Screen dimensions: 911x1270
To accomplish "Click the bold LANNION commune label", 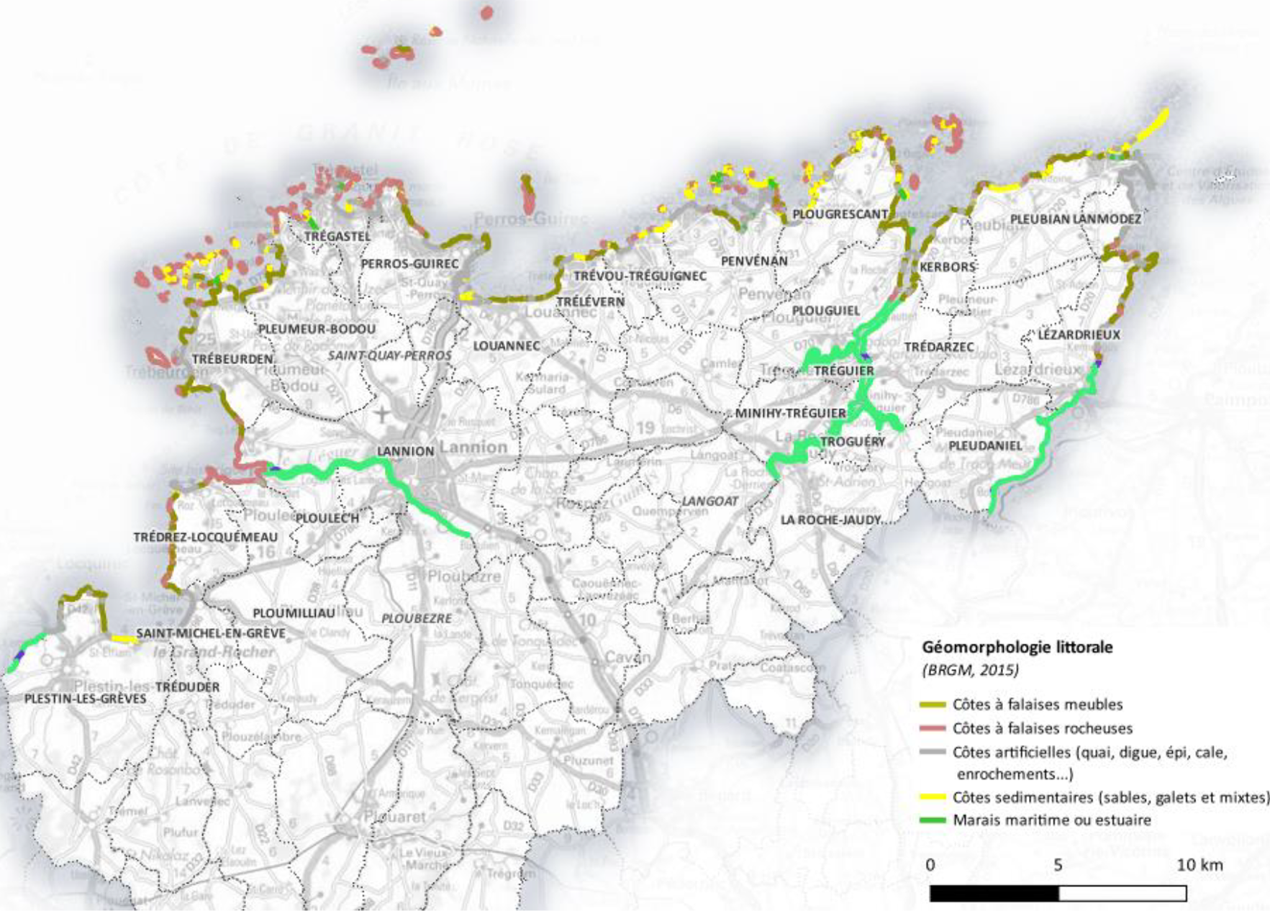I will click(x=405, y=451).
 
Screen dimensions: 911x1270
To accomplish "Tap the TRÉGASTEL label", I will click(x=337, y=236).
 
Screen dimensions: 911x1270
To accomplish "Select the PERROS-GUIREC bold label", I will click(x=409, y=264).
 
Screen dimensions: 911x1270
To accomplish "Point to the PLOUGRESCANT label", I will click(x=840, y=214).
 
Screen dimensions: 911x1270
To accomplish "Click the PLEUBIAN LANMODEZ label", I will click(x=1076, y=219).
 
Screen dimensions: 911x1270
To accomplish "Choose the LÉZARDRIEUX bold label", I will click(x=1079, y=335).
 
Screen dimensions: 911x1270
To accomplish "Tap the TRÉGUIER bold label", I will click(x=844, y=371).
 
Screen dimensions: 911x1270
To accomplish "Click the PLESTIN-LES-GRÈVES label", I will click(x=85, y=699).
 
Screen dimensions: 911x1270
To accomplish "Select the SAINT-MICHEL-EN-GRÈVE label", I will click(x=211, y=633).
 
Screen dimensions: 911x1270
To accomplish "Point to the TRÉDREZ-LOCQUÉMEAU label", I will click(x=205, y=538).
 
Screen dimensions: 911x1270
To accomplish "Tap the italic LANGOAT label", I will click(x=709, y=501).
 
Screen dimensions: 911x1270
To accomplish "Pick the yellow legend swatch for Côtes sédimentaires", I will click(x=933, y=797).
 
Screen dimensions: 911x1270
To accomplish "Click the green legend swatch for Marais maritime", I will click(x=933, y=820).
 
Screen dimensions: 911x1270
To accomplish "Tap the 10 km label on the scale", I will click(x=1199, y=865).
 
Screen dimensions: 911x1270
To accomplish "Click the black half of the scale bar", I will click(x=994, y=894).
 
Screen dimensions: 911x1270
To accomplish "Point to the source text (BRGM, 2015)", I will click(x=971, y=671).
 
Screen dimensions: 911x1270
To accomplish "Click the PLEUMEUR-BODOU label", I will click(x=317, y=330).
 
